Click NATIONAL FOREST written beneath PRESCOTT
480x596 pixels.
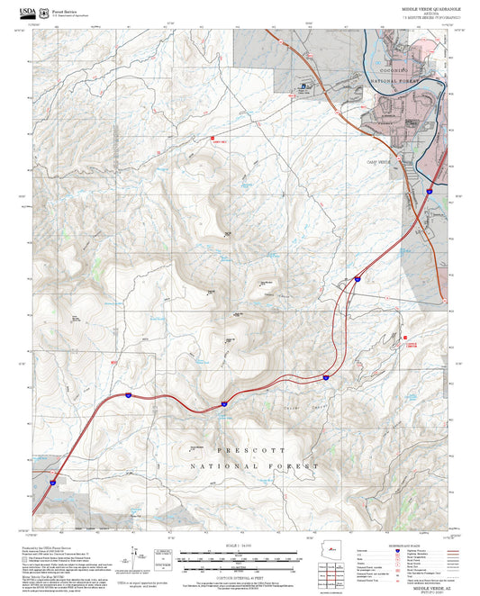pos(254,466)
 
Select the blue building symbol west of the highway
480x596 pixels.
pos(303,86)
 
